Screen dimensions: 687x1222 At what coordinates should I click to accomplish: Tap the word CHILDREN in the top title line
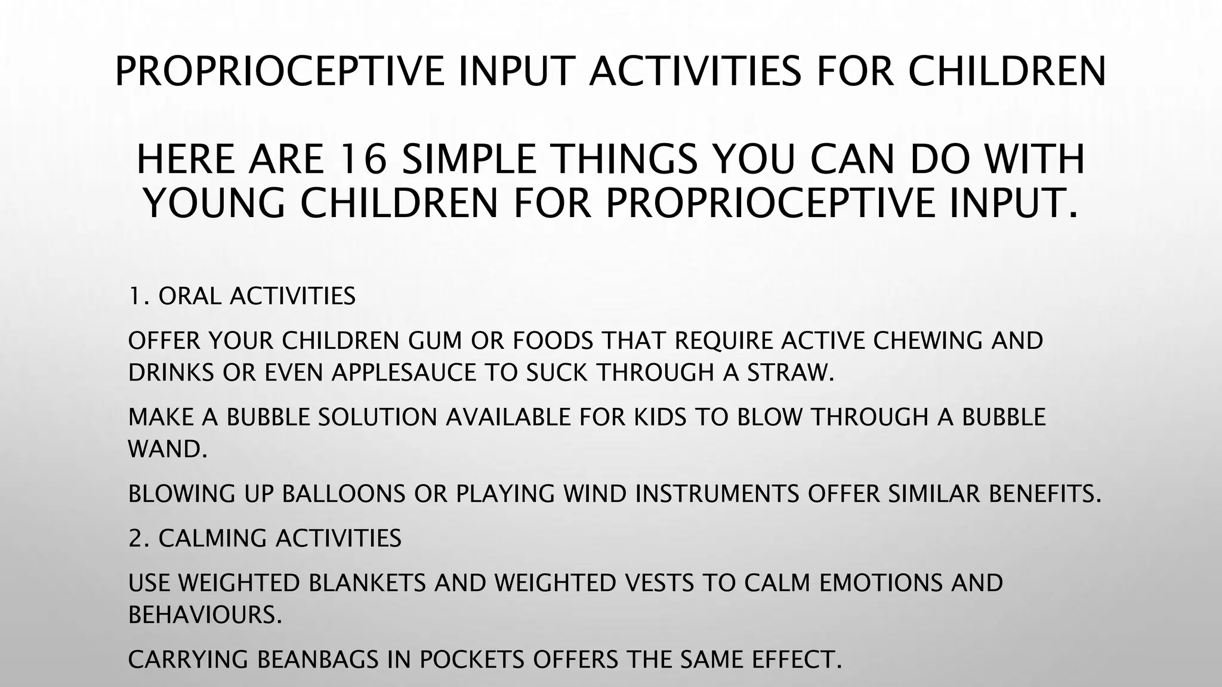(x=1007, y=70)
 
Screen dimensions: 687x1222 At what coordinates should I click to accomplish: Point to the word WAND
(x=168, y=449)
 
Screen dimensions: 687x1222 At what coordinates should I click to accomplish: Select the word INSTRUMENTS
(x=717, y=494)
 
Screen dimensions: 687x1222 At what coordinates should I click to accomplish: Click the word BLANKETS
(x=367, y=583)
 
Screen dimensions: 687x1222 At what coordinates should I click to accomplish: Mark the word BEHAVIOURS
(x=205, y=615)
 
